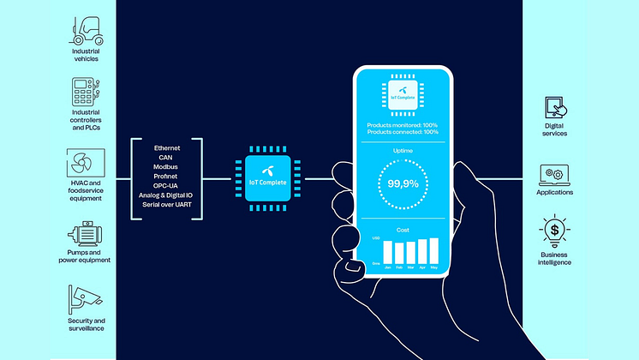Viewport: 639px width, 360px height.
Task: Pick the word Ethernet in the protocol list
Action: [168, 147]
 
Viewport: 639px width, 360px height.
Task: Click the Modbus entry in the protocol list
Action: [168, 166]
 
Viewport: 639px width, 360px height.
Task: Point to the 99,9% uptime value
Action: [401, 183]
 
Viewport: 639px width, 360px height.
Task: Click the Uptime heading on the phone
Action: [402, 150]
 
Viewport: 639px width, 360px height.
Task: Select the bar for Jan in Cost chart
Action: [388, 252]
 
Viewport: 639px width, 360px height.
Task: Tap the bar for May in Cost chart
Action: [433, 250]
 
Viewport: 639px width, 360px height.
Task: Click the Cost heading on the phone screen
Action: [402, 230]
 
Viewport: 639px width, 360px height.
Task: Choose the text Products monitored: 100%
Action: [402, 124]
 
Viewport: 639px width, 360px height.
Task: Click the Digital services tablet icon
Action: [555, 108]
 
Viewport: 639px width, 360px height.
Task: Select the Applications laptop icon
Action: [555, 174]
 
